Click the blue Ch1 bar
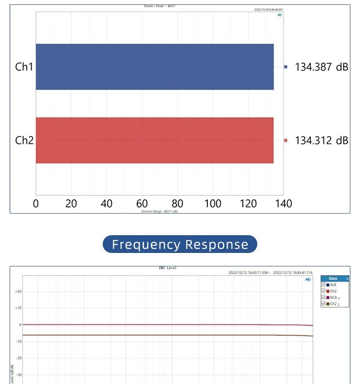(x=155, y=67)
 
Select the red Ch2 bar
(x=155, y=140)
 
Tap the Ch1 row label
(x=24, y=67)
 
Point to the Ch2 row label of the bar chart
(x=24, y=140)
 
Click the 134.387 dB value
(x=321, y=67)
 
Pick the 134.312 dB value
(x=321, y=141)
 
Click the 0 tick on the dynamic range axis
(x=36, y=204)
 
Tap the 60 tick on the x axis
(x=142, y=204)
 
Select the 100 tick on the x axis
(x=213, y=204)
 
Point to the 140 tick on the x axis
(x=284, y=204)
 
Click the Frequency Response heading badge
(x=180, y=244)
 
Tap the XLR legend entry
(x=333, y=285)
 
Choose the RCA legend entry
(x=334, y=298)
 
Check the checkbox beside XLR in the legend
(x=324, y=285)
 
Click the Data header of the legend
(x=333, y=278)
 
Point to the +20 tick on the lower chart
(x=18, y=291)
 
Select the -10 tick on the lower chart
(x=18, y=341)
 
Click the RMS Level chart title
(x=168, y=268)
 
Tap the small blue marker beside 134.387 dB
(x=286, y=67)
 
